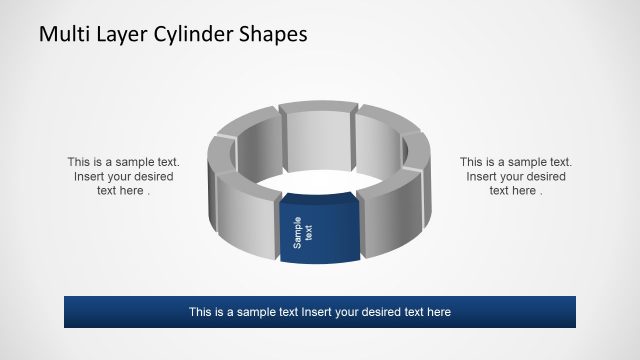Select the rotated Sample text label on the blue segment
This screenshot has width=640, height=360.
302,232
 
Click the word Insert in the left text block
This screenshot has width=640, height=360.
91,176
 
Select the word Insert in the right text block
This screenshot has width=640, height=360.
483,176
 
